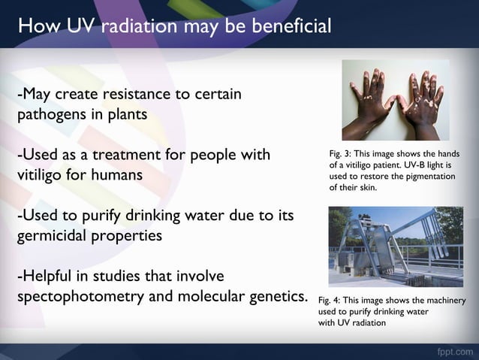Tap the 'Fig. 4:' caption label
point(332,300)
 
